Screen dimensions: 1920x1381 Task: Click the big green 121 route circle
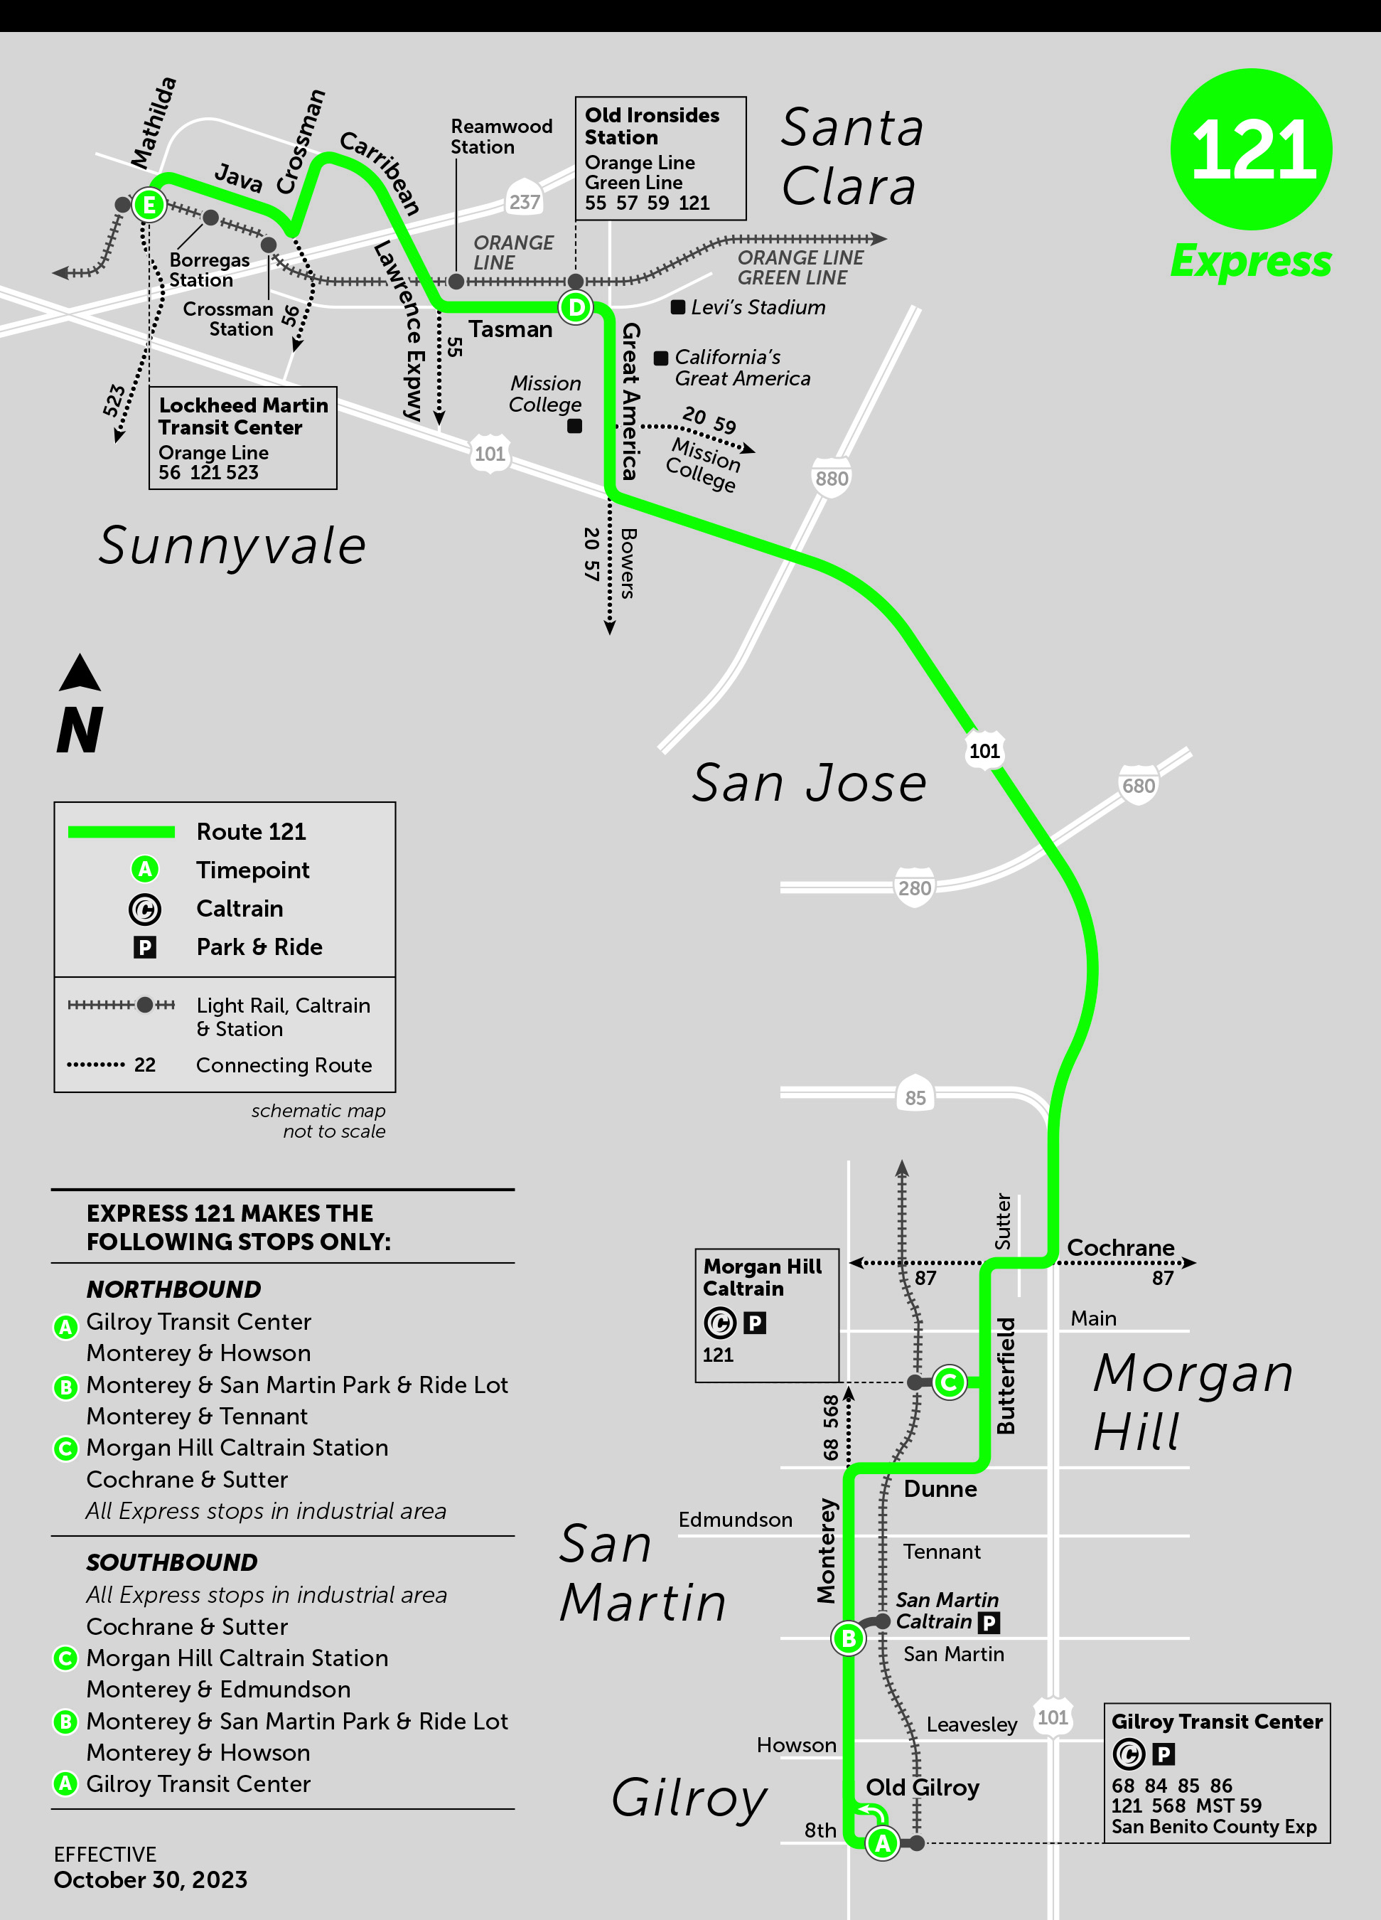tap(1251, 149)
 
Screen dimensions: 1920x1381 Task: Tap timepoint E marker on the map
tap(149, 205)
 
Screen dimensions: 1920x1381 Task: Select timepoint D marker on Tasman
tap(576, 306)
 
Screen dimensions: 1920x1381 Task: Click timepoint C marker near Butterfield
tap(949, 1382)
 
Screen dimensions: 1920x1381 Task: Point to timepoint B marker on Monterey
tap(848, 1639)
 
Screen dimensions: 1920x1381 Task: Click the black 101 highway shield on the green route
tap(984, 751)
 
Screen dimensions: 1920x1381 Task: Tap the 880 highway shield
tap(831, 479)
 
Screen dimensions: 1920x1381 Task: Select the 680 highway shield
tap(1138, 786)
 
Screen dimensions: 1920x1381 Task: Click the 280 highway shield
tap(914, 888)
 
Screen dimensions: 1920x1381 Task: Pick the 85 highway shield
tap(915, 1097)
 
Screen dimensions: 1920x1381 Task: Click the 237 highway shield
tap(524, 201)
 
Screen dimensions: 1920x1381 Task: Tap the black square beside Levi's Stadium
tap(678, 307)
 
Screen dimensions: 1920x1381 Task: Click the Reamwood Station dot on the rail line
tap(456, 281)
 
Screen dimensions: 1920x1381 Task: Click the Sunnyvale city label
tap(232, 545)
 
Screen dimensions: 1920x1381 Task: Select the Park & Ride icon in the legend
tap(145, 947)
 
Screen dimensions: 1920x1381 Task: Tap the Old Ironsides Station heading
tap(652, 126)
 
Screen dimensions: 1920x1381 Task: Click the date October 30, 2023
tap(151, 1879)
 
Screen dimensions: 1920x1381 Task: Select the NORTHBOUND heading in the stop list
tap(173, 1289)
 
